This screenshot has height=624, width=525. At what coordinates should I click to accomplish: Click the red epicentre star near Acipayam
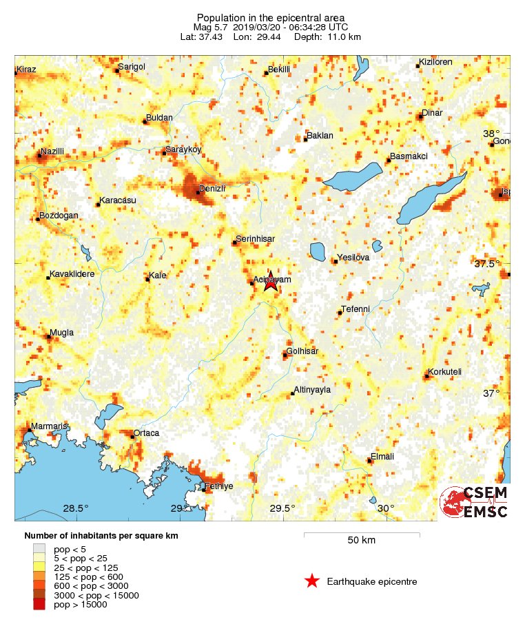(271, 281)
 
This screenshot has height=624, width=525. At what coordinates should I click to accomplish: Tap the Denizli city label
(212, 188)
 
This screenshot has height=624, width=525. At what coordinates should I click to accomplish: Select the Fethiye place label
(220, 486)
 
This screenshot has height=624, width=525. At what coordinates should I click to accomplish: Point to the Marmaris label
(48, 426)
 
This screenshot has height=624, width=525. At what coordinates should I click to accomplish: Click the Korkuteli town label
(444, 373)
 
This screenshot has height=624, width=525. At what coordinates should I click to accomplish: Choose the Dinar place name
(432, 113)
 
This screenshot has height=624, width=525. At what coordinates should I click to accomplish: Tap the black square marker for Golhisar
(285, 355)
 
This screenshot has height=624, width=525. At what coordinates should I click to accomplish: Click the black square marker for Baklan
(305, 140)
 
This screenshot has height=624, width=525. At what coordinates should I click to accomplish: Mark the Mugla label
(61, 333)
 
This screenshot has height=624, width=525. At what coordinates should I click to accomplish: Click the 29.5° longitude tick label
(282, 508)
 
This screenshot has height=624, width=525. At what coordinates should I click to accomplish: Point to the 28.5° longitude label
(76, 508)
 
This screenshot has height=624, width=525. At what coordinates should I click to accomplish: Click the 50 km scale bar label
(361, 541)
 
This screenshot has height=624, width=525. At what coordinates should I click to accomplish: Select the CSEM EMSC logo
(475, 502)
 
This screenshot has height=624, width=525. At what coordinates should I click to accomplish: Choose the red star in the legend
(312, 582)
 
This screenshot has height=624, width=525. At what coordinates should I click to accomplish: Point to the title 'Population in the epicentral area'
(271, 17)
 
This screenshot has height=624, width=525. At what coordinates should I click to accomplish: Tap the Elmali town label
(382, 456)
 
